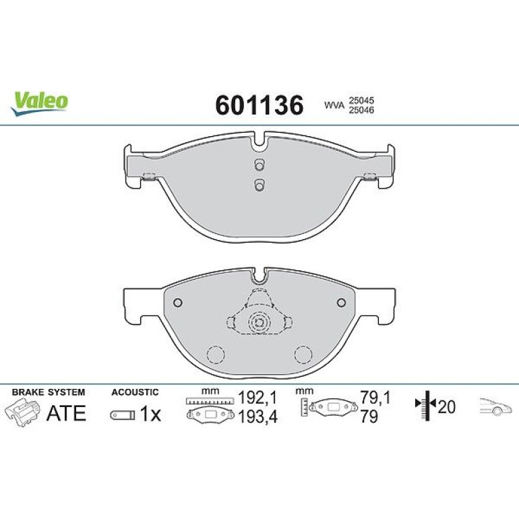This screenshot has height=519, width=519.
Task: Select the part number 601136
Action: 259,105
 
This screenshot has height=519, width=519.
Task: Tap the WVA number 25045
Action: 361,100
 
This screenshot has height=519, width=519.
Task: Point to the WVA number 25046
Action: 361,111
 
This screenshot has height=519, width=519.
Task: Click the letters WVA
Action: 334,106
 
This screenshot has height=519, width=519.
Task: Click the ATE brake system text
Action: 67,413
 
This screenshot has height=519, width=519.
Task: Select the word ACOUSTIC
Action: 135,392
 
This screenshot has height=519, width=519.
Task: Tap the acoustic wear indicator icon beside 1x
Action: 123,415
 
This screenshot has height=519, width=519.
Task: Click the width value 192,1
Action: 257,398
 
